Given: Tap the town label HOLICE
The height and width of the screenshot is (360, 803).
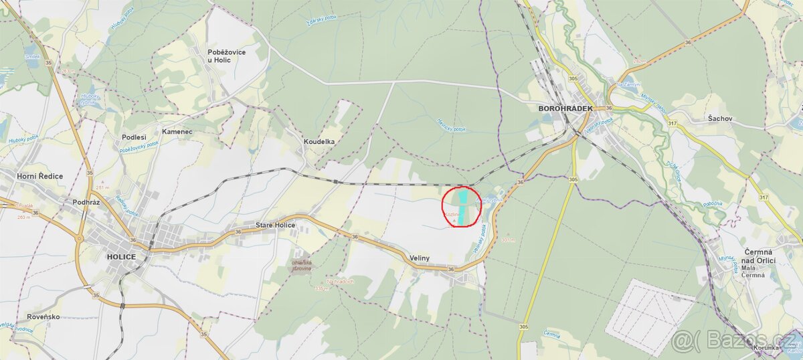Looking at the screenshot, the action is click(x=121, y=257).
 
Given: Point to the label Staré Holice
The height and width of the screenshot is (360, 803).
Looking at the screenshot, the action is click(x=275, y=226).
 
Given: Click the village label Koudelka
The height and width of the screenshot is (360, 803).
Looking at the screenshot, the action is click(x=319, y=142).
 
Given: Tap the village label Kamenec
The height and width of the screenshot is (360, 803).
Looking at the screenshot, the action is click(x=177, y=132).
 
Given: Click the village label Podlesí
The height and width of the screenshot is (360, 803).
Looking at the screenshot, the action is click(x=134, y=137).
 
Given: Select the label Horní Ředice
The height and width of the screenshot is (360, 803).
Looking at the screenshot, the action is click(x=40, y=176).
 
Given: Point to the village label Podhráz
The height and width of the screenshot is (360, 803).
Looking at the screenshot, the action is click(x=86, y=201).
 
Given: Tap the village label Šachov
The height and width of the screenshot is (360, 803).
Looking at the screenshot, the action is click(x=721, y=118).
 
